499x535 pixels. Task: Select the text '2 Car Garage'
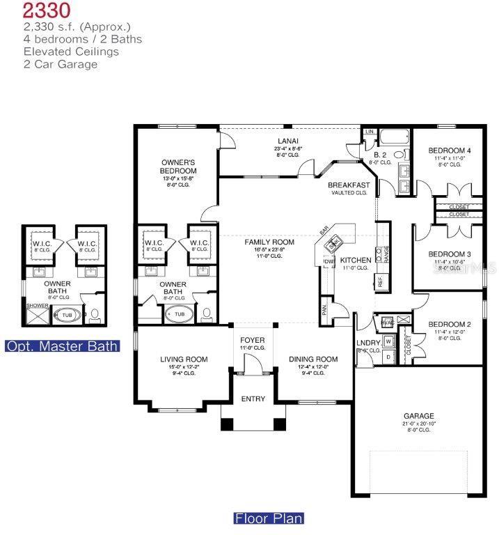(x=61, y=64)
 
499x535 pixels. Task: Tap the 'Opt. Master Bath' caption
(x=62, y=346)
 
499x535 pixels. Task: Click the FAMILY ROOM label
(x=269, y=242)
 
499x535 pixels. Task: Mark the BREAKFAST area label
(x=349, y=185)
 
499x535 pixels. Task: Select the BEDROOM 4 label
(x=449, y=150)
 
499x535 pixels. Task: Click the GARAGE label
(x=418, y=416)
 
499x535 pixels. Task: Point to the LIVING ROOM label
(x=184, y=359)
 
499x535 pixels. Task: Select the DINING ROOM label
(x=313, y=359)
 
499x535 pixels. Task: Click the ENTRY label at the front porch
(x=253, y=398)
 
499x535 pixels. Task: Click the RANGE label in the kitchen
(x=386, y=254)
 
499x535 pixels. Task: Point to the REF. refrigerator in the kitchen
(x=381, y=281)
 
